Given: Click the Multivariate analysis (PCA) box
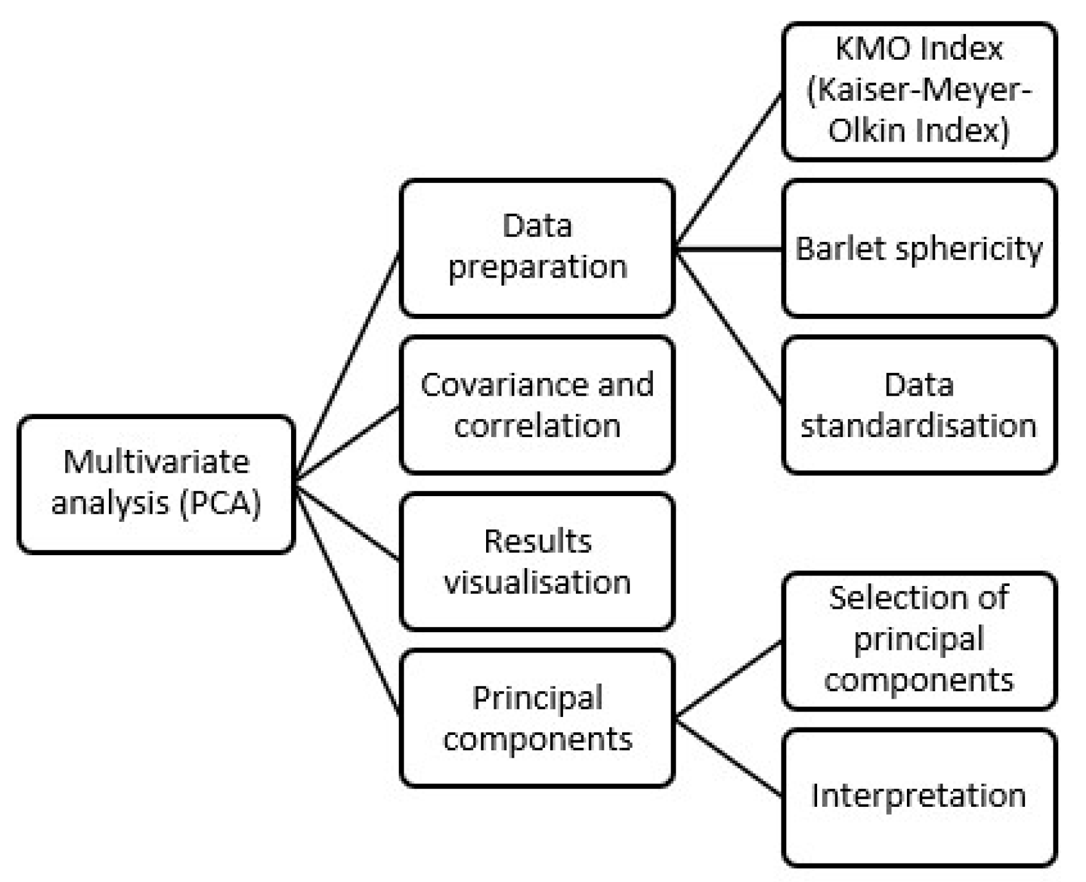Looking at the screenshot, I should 156,484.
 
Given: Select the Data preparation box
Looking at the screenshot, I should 537,247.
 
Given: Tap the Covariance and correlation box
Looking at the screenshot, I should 537,404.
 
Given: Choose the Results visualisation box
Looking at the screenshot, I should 537,561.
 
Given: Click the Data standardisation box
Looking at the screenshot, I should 919,404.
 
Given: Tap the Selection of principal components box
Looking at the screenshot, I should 919,640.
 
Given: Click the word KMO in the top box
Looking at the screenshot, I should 868,49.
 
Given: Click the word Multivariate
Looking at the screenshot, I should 156,462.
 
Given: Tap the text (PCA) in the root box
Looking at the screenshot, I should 220,503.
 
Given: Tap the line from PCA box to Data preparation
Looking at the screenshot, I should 348,366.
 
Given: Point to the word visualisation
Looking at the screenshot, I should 537,582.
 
